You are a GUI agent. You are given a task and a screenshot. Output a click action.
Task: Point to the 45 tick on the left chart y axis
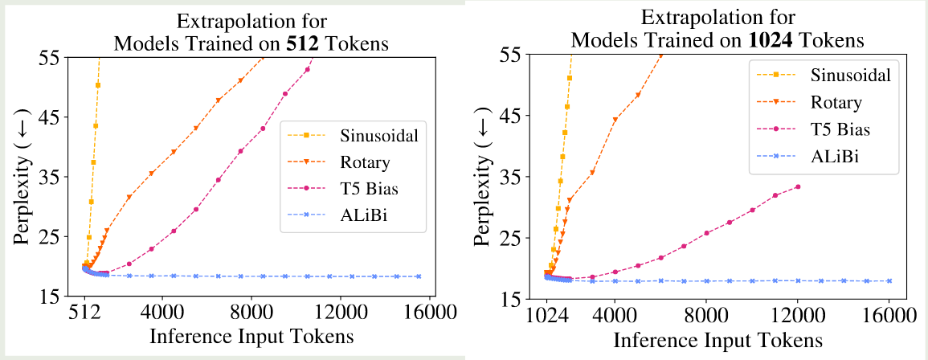coord(60,117)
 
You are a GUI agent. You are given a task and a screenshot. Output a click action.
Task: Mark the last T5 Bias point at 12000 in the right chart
coord(798,186)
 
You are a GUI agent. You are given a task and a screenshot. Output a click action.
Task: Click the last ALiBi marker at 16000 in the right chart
coord(889,281)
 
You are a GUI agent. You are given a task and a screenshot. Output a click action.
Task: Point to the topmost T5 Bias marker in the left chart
coord(308,69)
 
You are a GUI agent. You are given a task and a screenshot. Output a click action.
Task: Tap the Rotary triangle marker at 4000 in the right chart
coord(615,120)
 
